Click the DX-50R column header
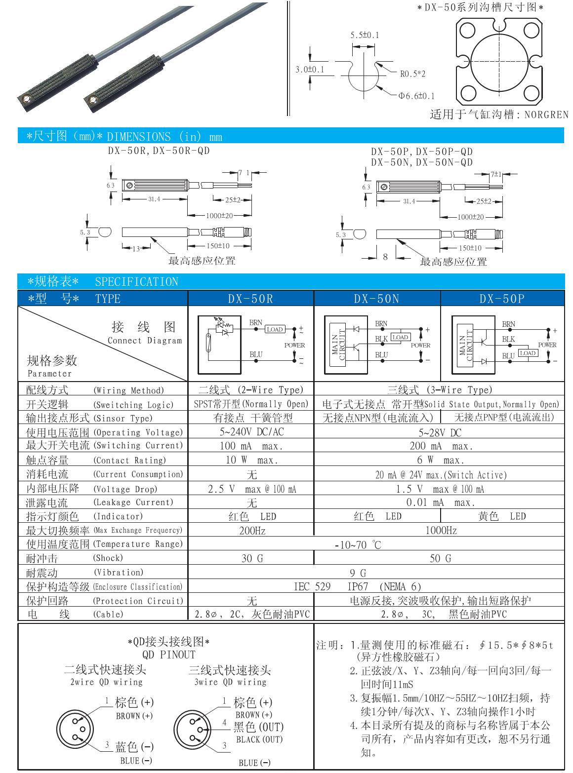click(x=250, y=298)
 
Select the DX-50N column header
click(x=377, y=298)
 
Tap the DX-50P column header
click(x=502, y=298)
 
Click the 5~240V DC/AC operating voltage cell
click(x=251, y=432)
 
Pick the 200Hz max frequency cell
click(x=251, y=531)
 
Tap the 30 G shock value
click(x=251, y=558)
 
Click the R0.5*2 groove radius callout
click(x=412, y=74)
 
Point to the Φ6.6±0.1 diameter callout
click(x=416, y=96)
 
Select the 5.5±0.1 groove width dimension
click(x=365, y=35)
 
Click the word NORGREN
click(x=546, y=115)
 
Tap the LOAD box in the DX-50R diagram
click(x=275, y=329)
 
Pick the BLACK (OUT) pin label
click(x=259, y=739)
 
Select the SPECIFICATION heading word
click(x=136, y=282)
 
